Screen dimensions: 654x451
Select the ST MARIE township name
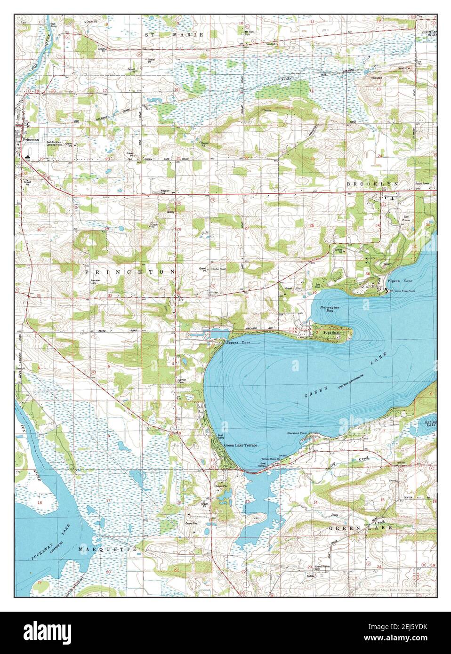[x=174, y=35]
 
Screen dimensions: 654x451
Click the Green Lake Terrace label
[x=241, y=445]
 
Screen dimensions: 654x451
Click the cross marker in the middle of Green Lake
[x=297, y=404]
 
